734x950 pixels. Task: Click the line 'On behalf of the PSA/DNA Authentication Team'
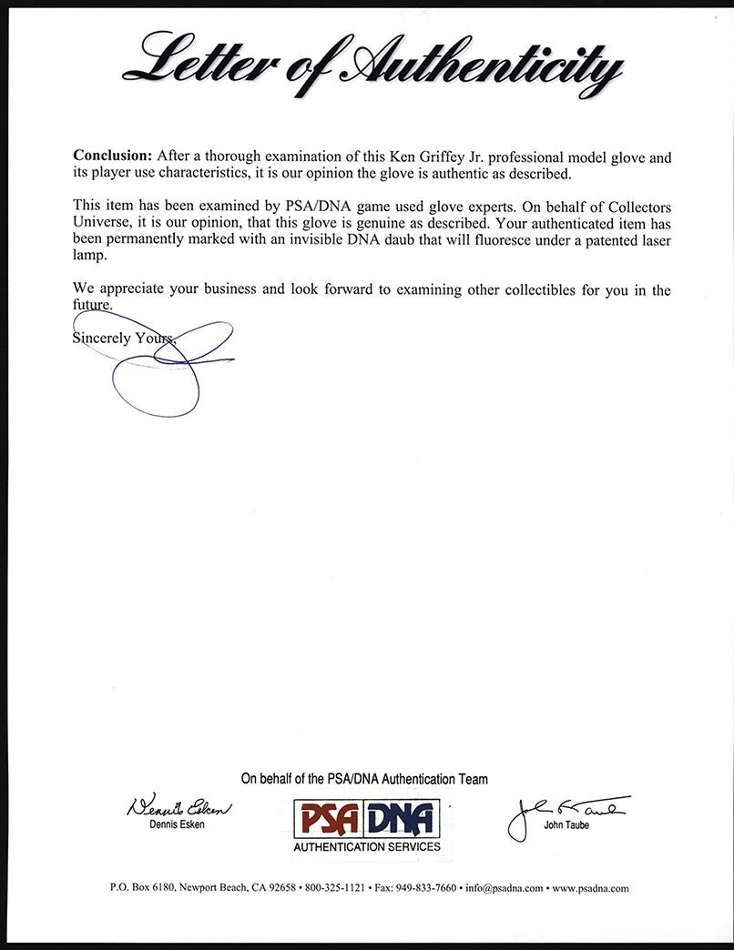(x=364, y=779)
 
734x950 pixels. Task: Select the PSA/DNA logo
(x=365, y=818)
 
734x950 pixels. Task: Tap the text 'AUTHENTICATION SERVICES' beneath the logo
(x=366, y=847)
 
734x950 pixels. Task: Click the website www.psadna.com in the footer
(x=590, y=888)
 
